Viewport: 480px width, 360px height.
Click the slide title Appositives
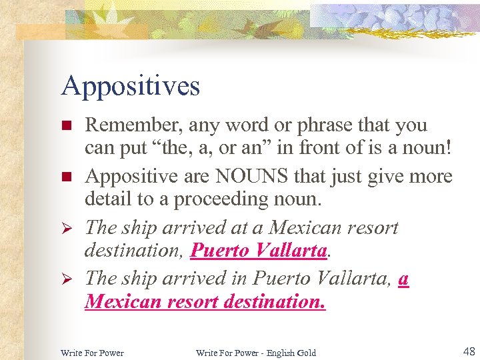[130, 86]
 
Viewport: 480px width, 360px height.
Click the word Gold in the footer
[307, 352]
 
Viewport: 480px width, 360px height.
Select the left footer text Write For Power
[92, 352]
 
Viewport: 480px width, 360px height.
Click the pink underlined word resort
[189, 301]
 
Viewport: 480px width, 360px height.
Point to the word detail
[106, 198]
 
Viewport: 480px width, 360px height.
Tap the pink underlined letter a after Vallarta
[403, 279]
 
